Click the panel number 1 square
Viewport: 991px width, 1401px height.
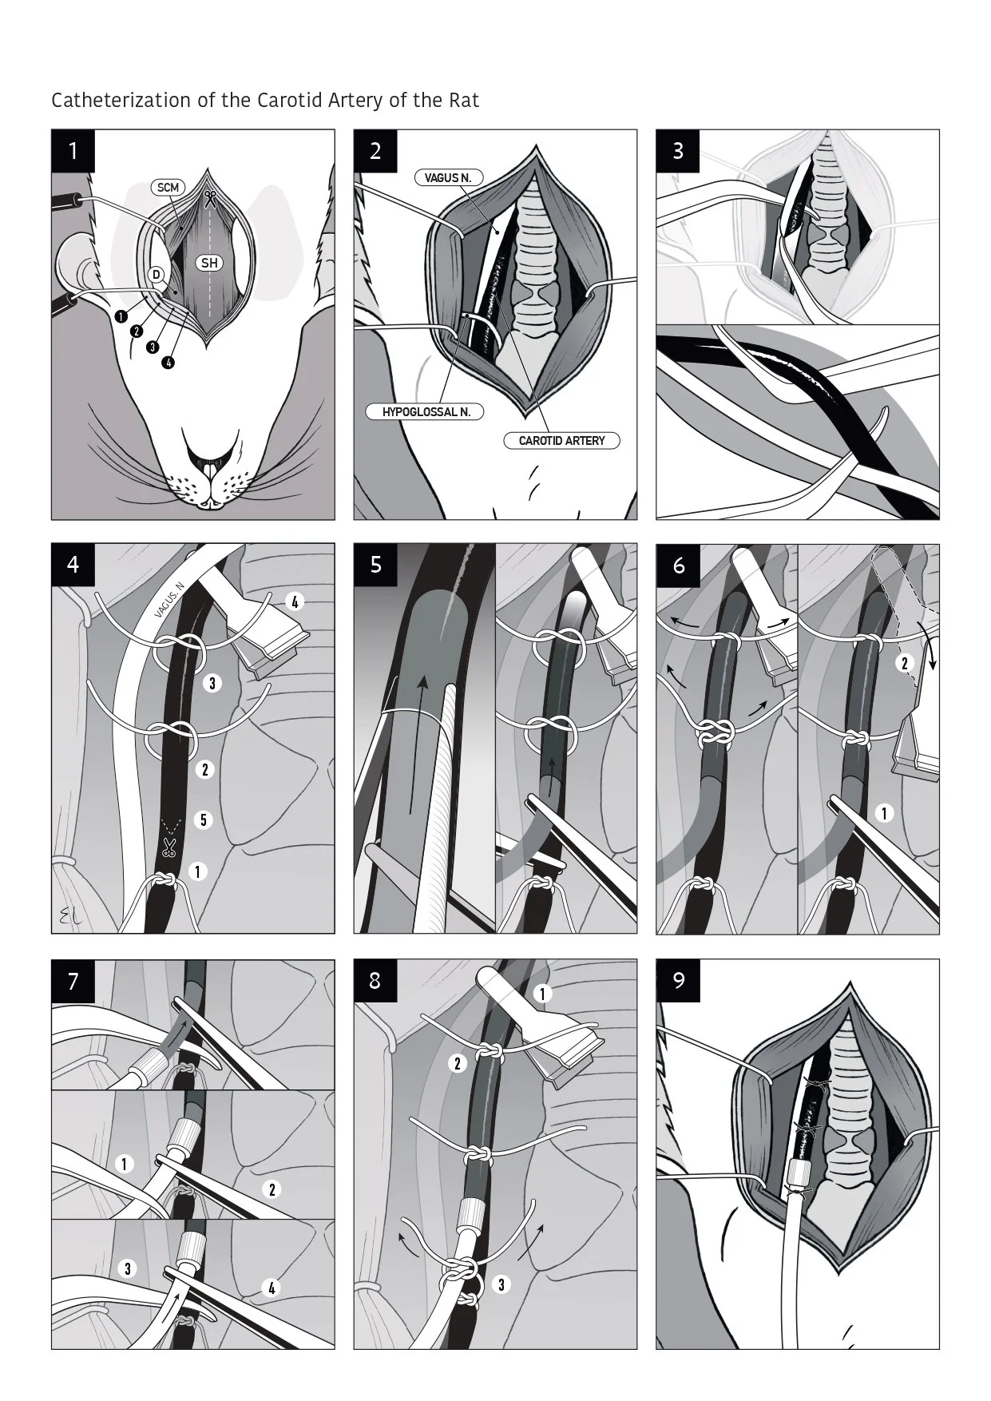[73, 151]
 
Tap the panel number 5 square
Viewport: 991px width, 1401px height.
[375, 566]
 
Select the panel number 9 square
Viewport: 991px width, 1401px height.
[678, 980]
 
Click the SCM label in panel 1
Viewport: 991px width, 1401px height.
[168, 188]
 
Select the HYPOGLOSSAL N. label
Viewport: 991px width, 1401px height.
[426, 412]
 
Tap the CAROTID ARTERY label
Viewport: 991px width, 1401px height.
[562, 440]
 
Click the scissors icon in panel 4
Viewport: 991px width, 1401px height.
[168, 847]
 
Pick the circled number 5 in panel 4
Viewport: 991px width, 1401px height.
[204, 820]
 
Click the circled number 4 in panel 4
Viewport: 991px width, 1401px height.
[295, 601]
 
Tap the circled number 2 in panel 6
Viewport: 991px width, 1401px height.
[905, 663]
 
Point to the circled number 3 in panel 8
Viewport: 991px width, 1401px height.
[501, 1284]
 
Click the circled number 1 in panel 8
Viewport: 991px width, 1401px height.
[542, 994]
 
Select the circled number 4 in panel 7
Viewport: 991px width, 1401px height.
[272, 1288]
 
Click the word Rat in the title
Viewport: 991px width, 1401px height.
[464, 101]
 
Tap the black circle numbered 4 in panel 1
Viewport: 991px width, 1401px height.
[168, 363]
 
